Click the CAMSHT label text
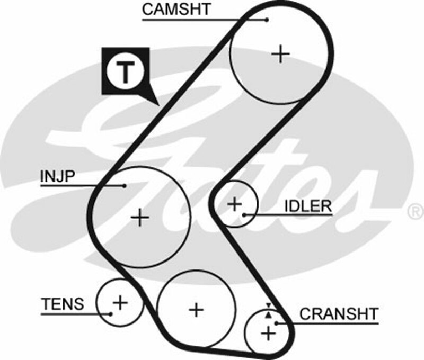click(x=176, y=9)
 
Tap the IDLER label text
click(x=308, y=205)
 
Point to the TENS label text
click(x=62, y=304)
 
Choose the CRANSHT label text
click(x=339, y=313)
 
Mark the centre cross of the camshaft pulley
click(x=281, y=53)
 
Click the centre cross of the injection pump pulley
click(x=140, y=218)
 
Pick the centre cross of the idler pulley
click(x=234, y=203)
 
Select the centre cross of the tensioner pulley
click(x=121, y=302)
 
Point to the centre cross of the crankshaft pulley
click(x=269, y=334)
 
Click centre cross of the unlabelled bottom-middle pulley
click(x=197, y=309)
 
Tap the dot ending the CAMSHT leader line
click(x=267, y=20)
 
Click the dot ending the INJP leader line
click(x=125, y=186)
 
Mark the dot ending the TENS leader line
click(x=111, y=313)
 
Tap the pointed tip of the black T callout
click(x=157, y=103)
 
